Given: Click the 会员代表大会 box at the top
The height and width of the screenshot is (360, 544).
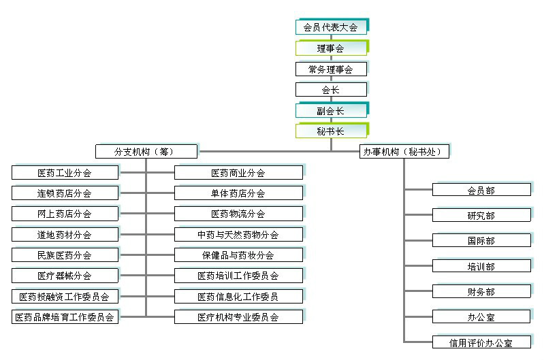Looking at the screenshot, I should (331, 28).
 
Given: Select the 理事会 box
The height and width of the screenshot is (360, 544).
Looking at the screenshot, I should (331, 48).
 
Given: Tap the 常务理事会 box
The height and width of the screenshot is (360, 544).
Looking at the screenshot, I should (331, 69).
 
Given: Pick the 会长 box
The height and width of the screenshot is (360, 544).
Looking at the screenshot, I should (331, 89).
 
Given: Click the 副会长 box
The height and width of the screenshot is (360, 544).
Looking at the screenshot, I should (331, 110).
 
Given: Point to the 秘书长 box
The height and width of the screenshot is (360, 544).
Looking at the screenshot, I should (331, 131).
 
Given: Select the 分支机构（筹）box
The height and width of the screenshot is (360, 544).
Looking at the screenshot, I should (146, 152).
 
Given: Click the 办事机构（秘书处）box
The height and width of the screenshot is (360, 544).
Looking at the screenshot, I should (405, 152).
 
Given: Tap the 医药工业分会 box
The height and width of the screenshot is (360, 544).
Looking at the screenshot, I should (65, 173).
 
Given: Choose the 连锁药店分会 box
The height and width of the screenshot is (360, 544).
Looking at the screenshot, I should (65, 193).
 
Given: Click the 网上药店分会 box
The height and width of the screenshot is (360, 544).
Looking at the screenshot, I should (65, 214).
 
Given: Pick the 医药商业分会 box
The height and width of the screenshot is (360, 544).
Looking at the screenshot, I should (238, 173).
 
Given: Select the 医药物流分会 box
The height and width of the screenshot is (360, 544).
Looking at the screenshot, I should (238, 214).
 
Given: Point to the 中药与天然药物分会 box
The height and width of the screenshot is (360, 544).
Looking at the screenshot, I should (238, 235).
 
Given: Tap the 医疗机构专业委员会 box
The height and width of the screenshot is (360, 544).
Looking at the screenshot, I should (238, 317).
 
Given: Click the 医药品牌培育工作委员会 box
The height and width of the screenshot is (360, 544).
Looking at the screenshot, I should (65, 317).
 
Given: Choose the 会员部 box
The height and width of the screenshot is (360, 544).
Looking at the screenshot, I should (481, 191).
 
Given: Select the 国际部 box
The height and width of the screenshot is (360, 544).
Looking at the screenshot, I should (481, 241).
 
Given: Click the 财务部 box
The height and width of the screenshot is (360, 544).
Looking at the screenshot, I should (481, 292).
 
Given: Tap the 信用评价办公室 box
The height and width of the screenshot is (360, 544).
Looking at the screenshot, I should (481, 342).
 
